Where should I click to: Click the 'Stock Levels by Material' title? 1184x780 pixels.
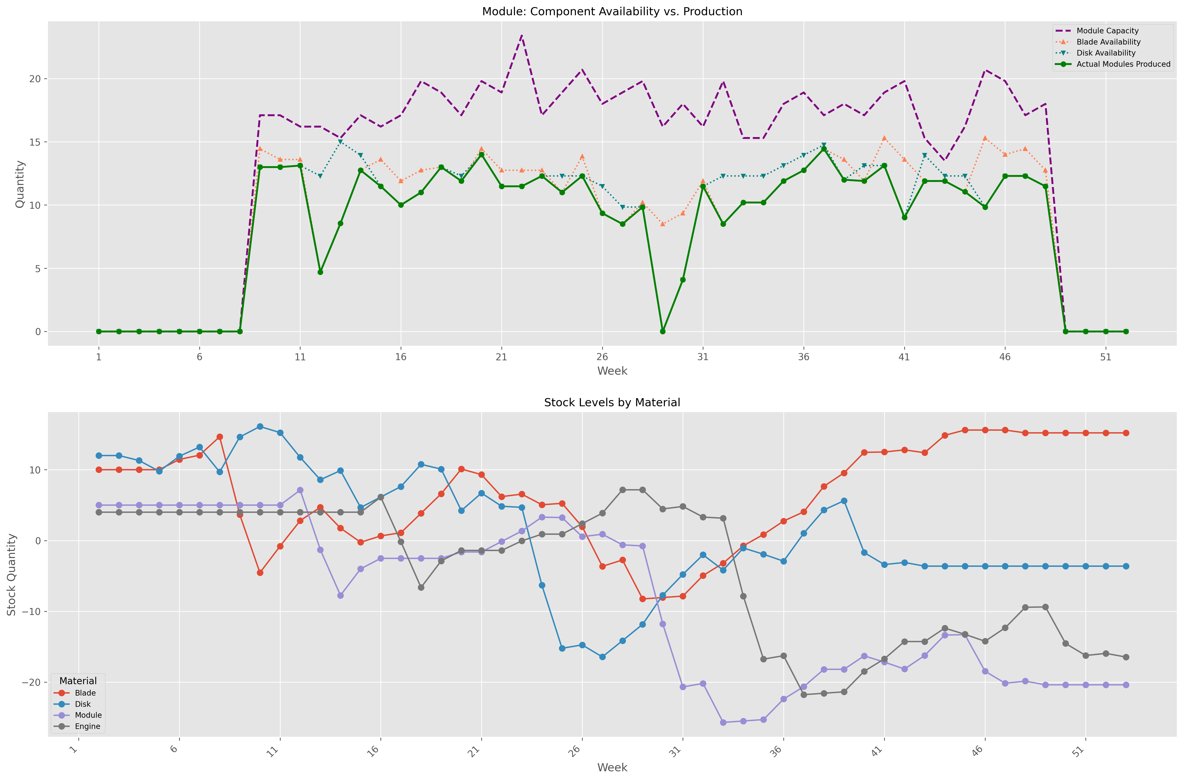612,402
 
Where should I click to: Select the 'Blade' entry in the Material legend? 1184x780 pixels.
85,693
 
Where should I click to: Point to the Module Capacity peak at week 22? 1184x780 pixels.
521,35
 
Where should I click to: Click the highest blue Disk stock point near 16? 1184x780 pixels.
260,426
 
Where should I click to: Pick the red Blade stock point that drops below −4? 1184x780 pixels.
260,573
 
